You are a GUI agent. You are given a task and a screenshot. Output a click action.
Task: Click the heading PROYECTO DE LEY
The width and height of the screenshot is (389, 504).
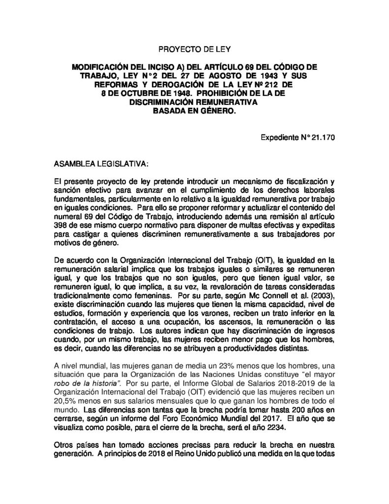pyautogui.click(x=194, y=50)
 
